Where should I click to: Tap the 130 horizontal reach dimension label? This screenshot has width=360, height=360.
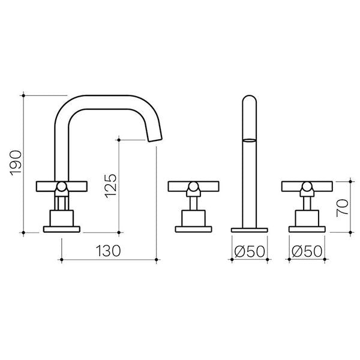[109, 250]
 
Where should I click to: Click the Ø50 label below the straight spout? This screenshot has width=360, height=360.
[250, 250]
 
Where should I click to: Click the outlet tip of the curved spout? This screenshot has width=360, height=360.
[155, 140]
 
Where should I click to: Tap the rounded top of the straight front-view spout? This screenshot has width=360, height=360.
[249, 99]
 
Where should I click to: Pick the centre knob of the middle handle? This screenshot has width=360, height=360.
[193, 190]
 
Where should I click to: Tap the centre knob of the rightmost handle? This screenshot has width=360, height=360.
[307, 190]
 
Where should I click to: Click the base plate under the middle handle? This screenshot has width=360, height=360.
[193, 229]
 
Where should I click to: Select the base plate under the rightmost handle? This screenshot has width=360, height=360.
[307, 229]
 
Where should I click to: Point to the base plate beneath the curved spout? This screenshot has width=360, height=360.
[62, 229]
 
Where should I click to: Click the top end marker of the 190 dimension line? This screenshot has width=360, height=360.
[23, 94]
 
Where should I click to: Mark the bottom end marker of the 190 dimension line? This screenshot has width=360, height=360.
[23, 232]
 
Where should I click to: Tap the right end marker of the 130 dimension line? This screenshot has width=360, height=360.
[156, 260]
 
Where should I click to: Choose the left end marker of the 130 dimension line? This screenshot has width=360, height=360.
[62, 260]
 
